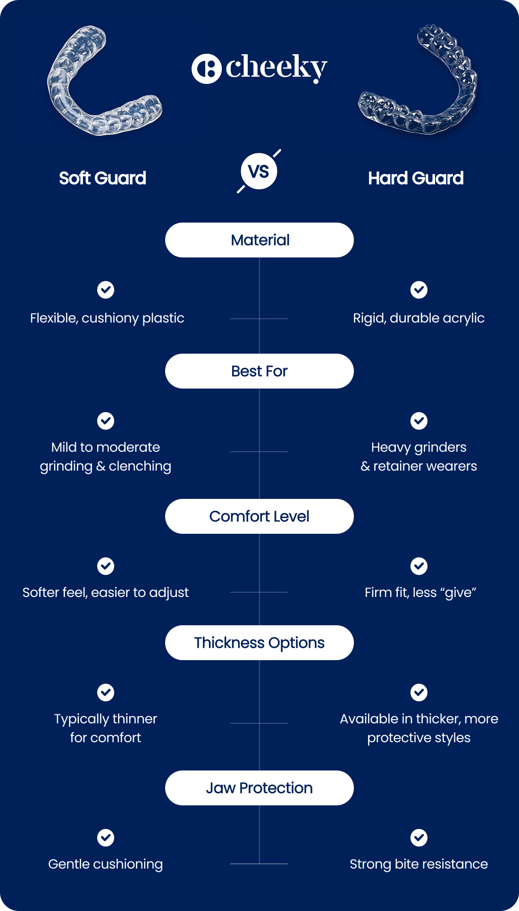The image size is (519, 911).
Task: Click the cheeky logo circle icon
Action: point(206,69)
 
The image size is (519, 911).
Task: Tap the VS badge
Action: point(259,171)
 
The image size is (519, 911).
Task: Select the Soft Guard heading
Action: point(102,178)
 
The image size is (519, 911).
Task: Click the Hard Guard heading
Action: point(416,178)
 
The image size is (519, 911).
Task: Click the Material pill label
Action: point(259,240)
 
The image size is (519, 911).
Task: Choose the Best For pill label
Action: point(259,371)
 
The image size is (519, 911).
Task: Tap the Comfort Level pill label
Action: point(259,516)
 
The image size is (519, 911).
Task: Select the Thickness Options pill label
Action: point(259,643)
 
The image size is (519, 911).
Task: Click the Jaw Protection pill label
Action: point(259,788)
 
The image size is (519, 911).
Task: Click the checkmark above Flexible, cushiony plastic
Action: point(106,290)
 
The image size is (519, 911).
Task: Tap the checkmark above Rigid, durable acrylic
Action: point(419,290)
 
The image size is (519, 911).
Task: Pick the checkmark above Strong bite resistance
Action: point(419,838)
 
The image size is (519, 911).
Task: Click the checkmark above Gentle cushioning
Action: point(106,838)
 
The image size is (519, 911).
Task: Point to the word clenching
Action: point(140,467)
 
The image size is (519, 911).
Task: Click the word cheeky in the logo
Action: point(276,68)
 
